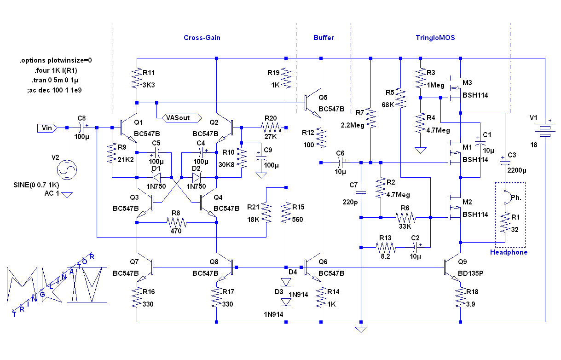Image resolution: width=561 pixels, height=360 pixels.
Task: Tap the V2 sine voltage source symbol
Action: pos(67,170)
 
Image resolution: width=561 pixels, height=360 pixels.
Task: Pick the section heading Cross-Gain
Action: pos(202,38)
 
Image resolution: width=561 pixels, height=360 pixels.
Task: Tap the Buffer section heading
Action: pos(324,38)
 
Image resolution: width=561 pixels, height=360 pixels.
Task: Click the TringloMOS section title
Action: pos(432,38)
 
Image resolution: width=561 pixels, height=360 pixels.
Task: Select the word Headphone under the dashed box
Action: pos(509,252)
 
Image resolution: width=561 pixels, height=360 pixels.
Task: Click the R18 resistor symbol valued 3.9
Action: pos(460,298)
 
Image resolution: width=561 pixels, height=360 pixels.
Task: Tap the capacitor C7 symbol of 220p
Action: pos(361,191)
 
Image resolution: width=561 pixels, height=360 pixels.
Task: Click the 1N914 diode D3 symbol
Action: pos(286,302)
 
